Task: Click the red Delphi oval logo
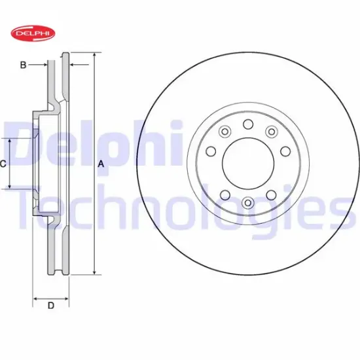tap(33, 33)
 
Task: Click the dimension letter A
tap(101, 164)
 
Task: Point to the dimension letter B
tap(23, 65)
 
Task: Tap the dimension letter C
tap(3, 164)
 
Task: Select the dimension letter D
tap(51, 306)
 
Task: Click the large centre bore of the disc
tap(248, 164)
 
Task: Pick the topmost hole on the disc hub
tap(248, 124)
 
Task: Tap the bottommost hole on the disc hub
tap(247, 202)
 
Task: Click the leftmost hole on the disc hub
tap(211, 151)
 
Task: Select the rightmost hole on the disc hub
tap(285, 151)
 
